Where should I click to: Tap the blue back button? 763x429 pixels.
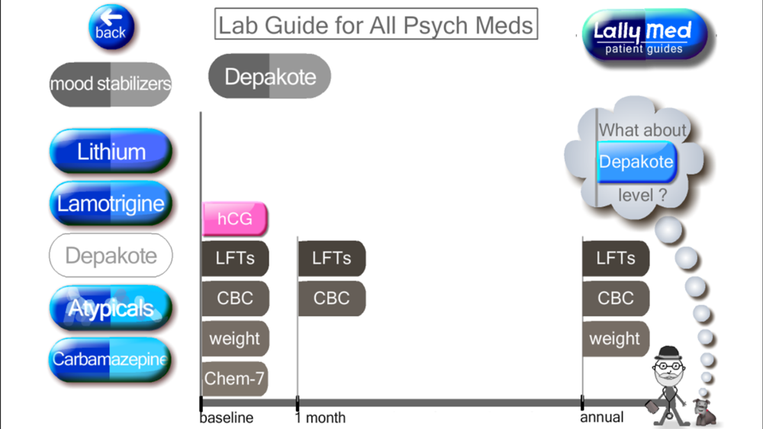[111, 27]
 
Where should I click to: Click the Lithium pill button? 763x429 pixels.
[111, 151]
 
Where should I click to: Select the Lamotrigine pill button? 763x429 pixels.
[111, 203]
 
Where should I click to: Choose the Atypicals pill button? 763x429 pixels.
[111, 308]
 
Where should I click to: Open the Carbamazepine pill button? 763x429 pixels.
[111, 360]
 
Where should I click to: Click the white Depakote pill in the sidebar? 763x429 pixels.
[111, 255]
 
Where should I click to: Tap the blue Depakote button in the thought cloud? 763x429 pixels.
[636, 162]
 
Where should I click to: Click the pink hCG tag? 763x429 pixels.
[234, 219]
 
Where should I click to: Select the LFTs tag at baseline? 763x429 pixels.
[235, 258]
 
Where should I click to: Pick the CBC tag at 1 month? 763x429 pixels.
[331, 298]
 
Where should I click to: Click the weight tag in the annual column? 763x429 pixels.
[616, 338]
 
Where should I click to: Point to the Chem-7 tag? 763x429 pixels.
[234, 378]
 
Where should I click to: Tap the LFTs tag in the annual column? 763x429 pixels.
[616, 258]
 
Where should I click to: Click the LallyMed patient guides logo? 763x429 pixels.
[645, 36]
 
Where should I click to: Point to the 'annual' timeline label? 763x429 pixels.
[602, 417]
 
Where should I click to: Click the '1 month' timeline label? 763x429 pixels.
[320, 418]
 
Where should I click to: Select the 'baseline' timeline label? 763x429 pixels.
[227, 418]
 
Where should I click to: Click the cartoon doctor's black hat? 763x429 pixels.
[670, 353]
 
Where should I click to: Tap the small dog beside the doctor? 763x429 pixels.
[703, 412]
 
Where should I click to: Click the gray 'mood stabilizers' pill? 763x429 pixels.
[111, 84]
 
